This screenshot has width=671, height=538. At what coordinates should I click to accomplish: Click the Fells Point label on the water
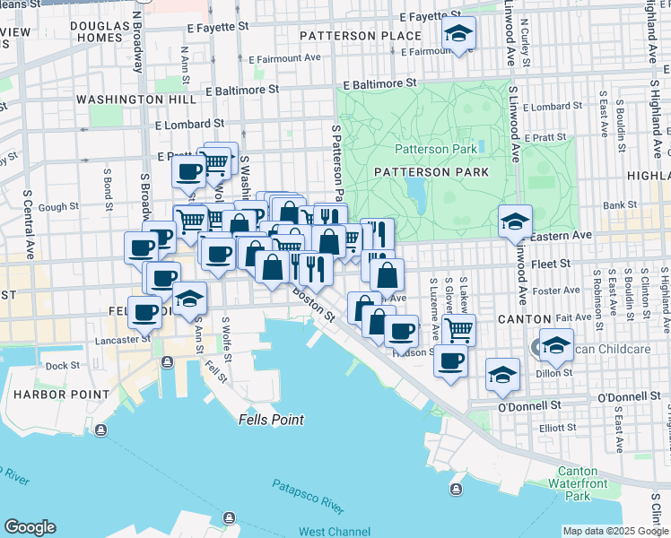[271, 420]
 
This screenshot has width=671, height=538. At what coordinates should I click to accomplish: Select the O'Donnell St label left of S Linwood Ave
[528, 405]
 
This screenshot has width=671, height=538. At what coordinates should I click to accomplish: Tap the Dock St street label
[63, 366]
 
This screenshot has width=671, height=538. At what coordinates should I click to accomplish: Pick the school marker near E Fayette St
[459, 34]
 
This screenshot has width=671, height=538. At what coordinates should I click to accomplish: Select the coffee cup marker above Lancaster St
[145, 313]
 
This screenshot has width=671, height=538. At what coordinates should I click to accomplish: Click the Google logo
[30, 527]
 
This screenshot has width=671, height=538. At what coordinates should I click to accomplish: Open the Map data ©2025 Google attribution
[614, 531]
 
